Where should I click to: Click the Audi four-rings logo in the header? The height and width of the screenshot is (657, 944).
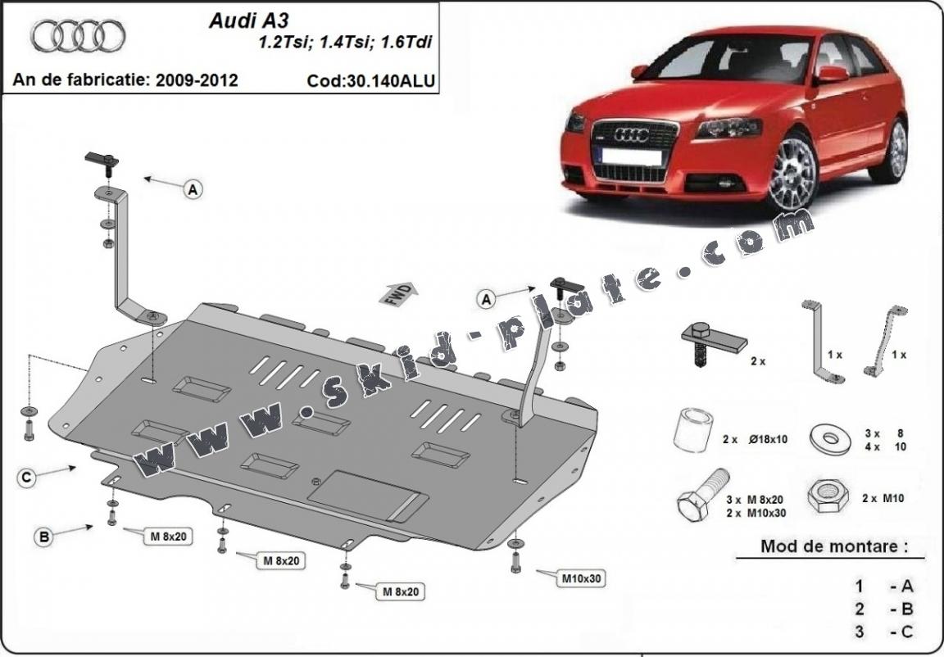pos(78,37)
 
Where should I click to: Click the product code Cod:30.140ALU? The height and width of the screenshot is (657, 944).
pos(370,80)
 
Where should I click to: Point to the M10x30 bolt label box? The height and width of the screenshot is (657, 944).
pos(581,578)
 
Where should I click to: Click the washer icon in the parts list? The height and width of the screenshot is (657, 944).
pos(829,438)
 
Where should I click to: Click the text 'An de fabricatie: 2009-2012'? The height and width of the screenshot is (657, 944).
pos(125,80)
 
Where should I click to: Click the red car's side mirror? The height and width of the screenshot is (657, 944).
pos(832,74)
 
